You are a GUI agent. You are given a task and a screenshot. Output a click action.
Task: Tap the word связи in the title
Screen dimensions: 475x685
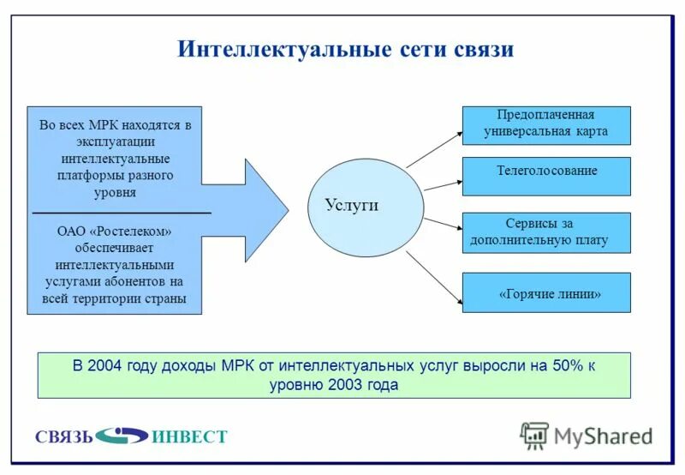click(479, 49)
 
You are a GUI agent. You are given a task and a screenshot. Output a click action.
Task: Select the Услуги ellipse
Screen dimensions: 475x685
click(366, 206)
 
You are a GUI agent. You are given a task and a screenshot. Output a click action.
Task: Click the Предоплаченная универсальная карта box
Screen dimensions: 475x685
click(546, 125)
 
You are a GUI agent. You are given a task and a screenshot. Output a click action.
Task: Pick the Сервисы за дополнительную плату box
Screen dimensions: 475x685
click(546, 232)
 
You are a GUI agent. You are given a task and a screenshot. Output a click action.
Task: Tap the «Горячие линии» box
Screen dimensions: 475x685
click(546, 292)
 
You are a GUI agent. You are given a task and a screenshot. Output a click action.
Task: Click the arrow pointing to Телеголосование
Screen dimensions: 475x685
click(443, 183)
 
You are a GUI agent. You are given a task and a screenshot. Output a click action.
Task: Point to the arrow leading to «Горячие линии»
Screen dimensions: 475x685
click(434, 280)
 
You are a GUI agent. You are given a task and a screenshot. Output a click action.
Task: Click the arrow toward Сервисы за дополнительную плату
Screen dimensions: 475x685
click(443, 225)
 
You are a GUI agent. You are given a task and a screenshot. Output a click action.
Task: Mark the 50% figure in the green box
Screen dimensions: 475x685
click(567, 366)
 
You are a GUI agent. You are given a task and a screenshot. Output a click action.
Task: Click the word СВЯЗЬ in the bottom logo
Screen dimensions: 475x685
click(63, 437)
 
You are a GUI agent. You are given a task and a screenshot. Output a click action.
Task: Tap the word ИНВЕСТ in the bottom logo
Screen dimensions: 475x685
click(189, 437)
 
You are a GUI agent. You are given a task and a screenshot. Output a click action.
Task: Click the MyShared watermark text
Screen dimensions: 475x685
click(603, 436)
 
